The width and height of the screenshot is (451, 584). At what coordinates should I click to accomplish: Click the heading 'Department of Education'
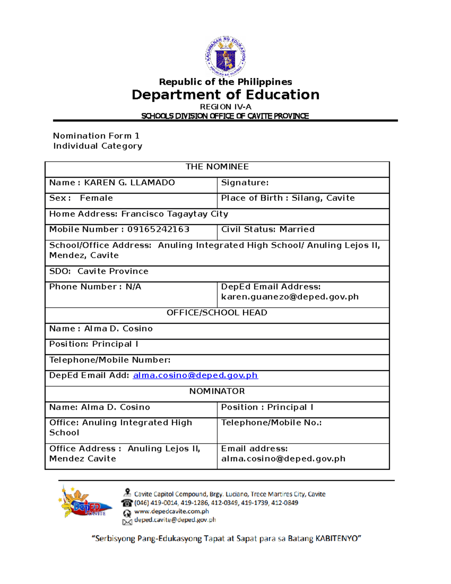click(225, 95)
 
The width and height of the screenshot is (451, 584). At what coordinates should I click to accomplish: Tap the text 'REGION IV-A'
click(225, 107)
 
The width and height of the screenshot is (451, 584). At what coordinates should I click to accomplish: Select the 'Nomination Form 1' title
click(96, 136)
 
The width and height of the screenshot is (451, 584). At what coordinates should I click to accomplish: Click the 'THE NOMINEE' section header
click(217, 167)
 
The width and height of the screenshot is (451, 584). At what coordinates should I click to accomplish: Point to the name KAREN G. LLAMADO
click(129, 183)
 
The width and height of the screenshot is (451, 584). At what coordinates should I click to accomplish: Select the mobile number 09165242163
click(158, 229)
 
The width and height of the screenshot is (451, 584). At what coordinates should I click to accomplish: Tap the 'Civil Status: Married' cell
click(268, 229)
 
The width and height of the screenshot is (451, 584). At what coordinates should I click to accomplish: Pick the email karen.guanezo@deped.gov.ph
click(290, 297)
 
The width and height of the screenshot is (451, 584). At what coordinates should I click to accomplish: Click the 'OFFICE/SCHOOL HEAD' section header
click(217, 313)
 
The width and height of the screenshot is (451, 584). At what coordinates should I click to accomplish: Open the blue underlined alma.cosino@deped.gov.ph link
click(195, 376)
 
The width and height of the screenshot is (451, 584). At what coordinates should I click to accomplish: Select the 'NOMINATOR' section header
click(217, 391)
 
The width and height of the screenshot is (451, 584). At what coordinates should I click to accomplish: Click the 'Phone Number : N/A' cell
click(95, 287)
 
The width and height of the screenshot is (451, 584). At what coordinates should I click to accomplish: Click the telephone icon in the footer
click(127, 503)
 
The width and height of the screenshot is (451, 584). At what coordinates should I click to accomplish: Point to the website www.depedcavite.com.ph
click(171, 511)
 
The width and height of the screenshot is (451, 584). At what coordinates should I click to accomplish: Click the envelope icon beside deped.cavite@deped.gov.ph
click(127, 521)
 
